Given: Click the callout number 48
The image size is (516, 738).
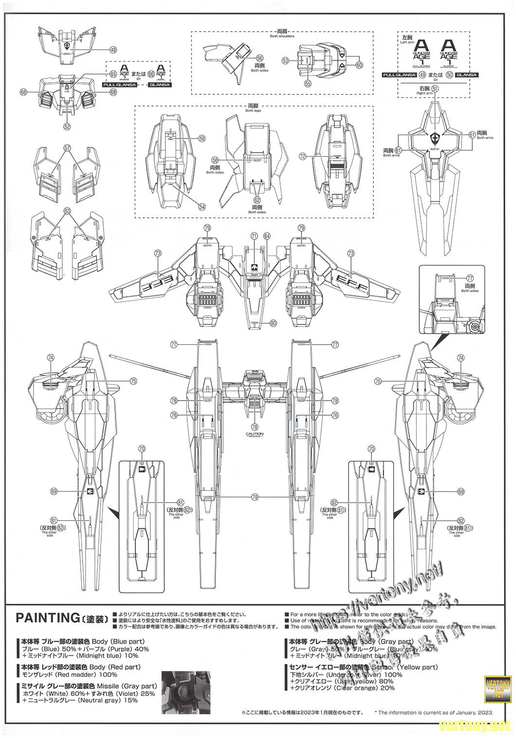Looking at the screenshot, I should tap(113, 49).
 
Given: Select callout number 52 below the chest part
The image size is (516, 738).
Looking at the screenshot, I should tap(67, 126).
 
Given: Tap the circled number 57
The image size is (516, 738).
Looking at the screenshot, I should tap(68, 147).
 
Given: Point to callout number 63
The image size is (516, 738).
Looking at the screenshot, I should tap(67, 211).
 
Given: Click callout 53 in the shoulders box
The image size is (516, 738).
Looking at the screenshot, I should tap(285, 61).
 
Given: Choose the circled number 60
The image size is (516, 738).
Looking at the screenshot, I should tap(359, 65).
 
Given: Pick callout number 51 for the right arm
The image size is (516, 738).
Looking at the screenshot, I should tap(435, 89).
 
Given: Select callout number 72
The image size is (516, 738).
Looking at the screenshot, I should tap(303, 157).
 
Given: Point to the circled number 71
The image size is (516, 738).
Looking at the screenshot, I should tap(254, 236).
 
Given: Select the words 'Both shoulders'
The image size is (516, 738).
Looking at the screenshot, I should tap(282, 36).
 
